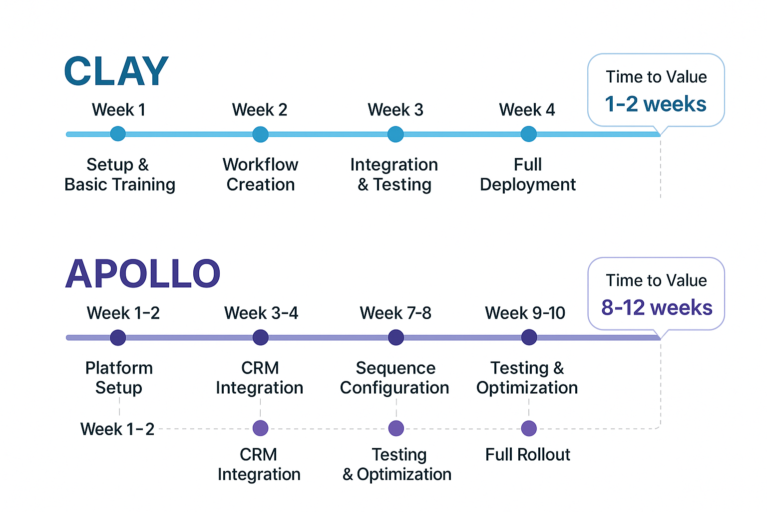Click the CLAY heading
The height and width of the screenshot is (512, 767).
click(x=116, y=71)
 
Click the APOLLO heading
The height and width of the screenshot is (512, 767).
click(x=142, y=274)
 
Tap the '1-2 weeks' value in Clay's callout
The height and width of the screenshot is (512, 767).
click(x=655, y=104)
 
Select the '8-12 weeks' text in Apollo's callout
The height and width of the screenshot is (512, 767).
click(x=656, y=307)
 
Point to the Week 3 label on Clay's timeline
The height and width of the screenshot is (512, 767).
click(x=395, y=109)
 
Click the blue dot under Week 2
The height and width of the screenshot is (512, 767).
click(x=260, y=134)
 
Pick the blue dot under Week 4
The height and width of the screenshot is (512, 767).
click(x=528, y=134)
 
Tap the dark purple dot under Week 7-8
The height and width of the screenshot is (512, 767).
click(x=395, y=337)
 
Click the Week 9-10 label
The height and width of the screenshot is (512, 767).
click(x=525, y=313)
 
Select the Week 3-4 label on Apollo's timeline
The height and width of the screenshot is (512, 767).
click(x=261, y=313)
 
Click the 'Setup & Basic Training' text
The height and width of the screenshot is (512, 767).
click(x=119, y=174)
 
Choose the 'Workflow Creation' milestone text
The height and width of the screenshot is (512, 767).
click(x=260, y=174)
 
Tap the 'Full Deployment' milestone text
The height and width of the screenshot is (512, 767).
click(x=528, y=174)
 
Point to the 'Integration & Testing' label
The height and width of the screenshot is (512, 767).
click(x=394, y=174)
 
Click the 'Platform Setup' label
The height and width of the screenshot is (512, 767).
click(x=119, y=377)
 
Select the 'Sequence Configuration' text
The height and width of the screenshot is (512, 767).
click(x=394, y=377)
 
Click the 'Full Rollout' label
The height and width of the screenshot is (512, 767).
click(x=527, y=454)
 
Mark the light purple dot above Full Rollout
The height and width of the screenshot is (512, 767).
click(x=529, y=428)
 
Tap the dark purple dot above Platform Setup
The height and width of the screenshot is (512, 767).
click(x=118, y=337)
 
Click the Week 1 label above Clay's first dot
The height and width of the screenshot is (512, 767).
click(x=118, y=109)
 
